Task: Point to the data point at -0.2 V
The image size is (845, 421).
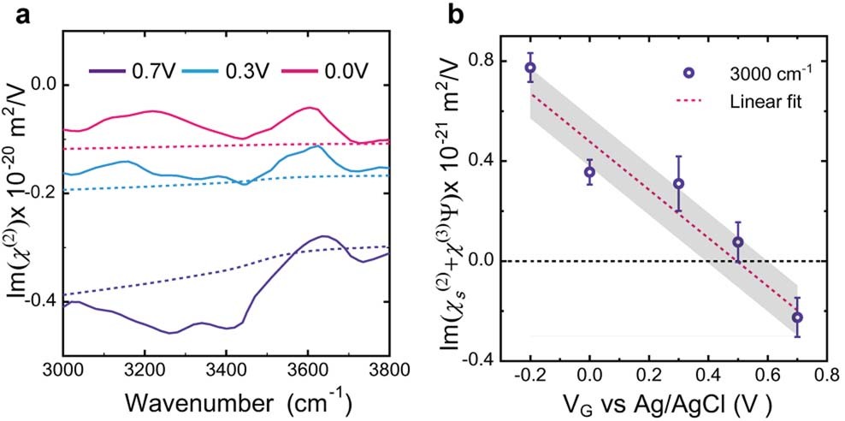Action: click(530, 68)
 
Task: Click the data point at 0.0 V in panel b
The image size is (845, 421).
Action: click(589, 172)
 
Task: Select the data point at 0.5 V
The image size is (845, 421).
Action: click(737, 242)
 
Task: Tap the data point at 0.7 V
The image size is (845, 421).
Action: click(797, 317)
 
